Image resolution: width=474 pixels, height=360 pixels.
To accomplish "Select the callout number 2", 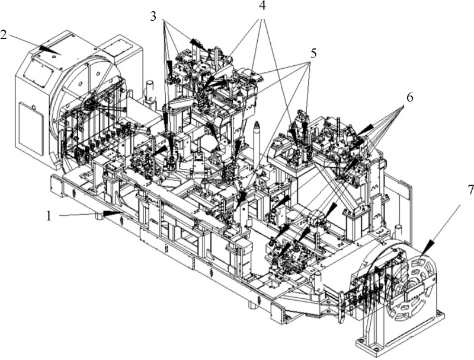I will (x=4, y=34).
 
